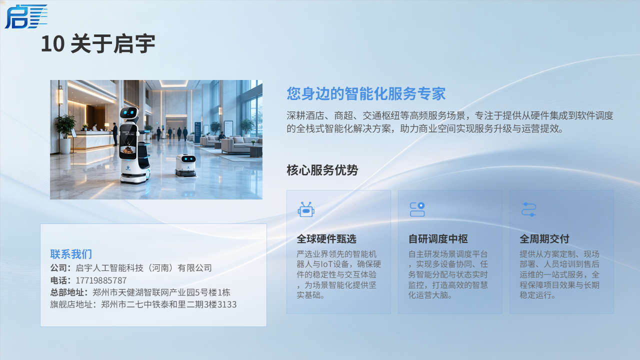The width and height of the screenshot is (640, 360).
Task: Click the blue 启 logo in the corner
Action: coord(25,16)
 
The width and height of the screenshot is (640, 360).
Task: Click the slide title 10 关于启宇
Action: coord(98,43)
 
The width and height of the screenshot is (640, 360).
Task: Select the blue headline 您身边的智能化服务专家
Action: coord(366,93)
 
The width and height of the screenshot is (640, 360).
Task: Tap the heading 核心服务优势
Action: coord(322,170)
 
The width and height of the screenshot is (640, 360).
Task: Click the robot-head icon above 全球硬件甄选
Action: coord(306,209)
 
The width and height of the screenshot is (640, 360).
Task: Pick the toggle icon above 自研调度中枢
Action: coord(417,209)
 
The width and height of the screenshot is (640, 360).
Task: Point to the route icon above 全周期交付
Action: coord(528,209)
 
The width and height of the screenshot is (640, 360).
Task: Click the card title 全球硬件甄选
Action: coord(326,239)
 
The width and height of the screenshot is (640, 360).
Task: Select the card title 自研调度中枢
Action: coord(438,239)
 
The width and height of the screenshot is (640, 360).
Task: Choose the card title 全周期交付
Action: coord(544,239)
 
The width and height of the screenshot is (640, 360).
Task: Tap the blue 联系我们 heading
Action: coord(71,254)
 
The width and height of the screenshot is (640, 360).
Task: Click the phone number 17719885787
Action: coord(101,280)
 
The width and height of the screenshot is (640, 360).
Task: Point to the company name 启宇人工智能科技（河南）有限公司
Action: coord(143,268)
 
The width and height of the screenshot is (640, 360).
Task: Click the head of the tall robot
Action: coord(129,113)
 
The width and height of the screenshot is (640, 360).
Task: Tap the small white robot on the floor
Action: coord(185,165)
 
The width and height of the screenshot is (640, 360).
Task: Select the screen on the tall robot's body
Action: coord(127,141)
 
